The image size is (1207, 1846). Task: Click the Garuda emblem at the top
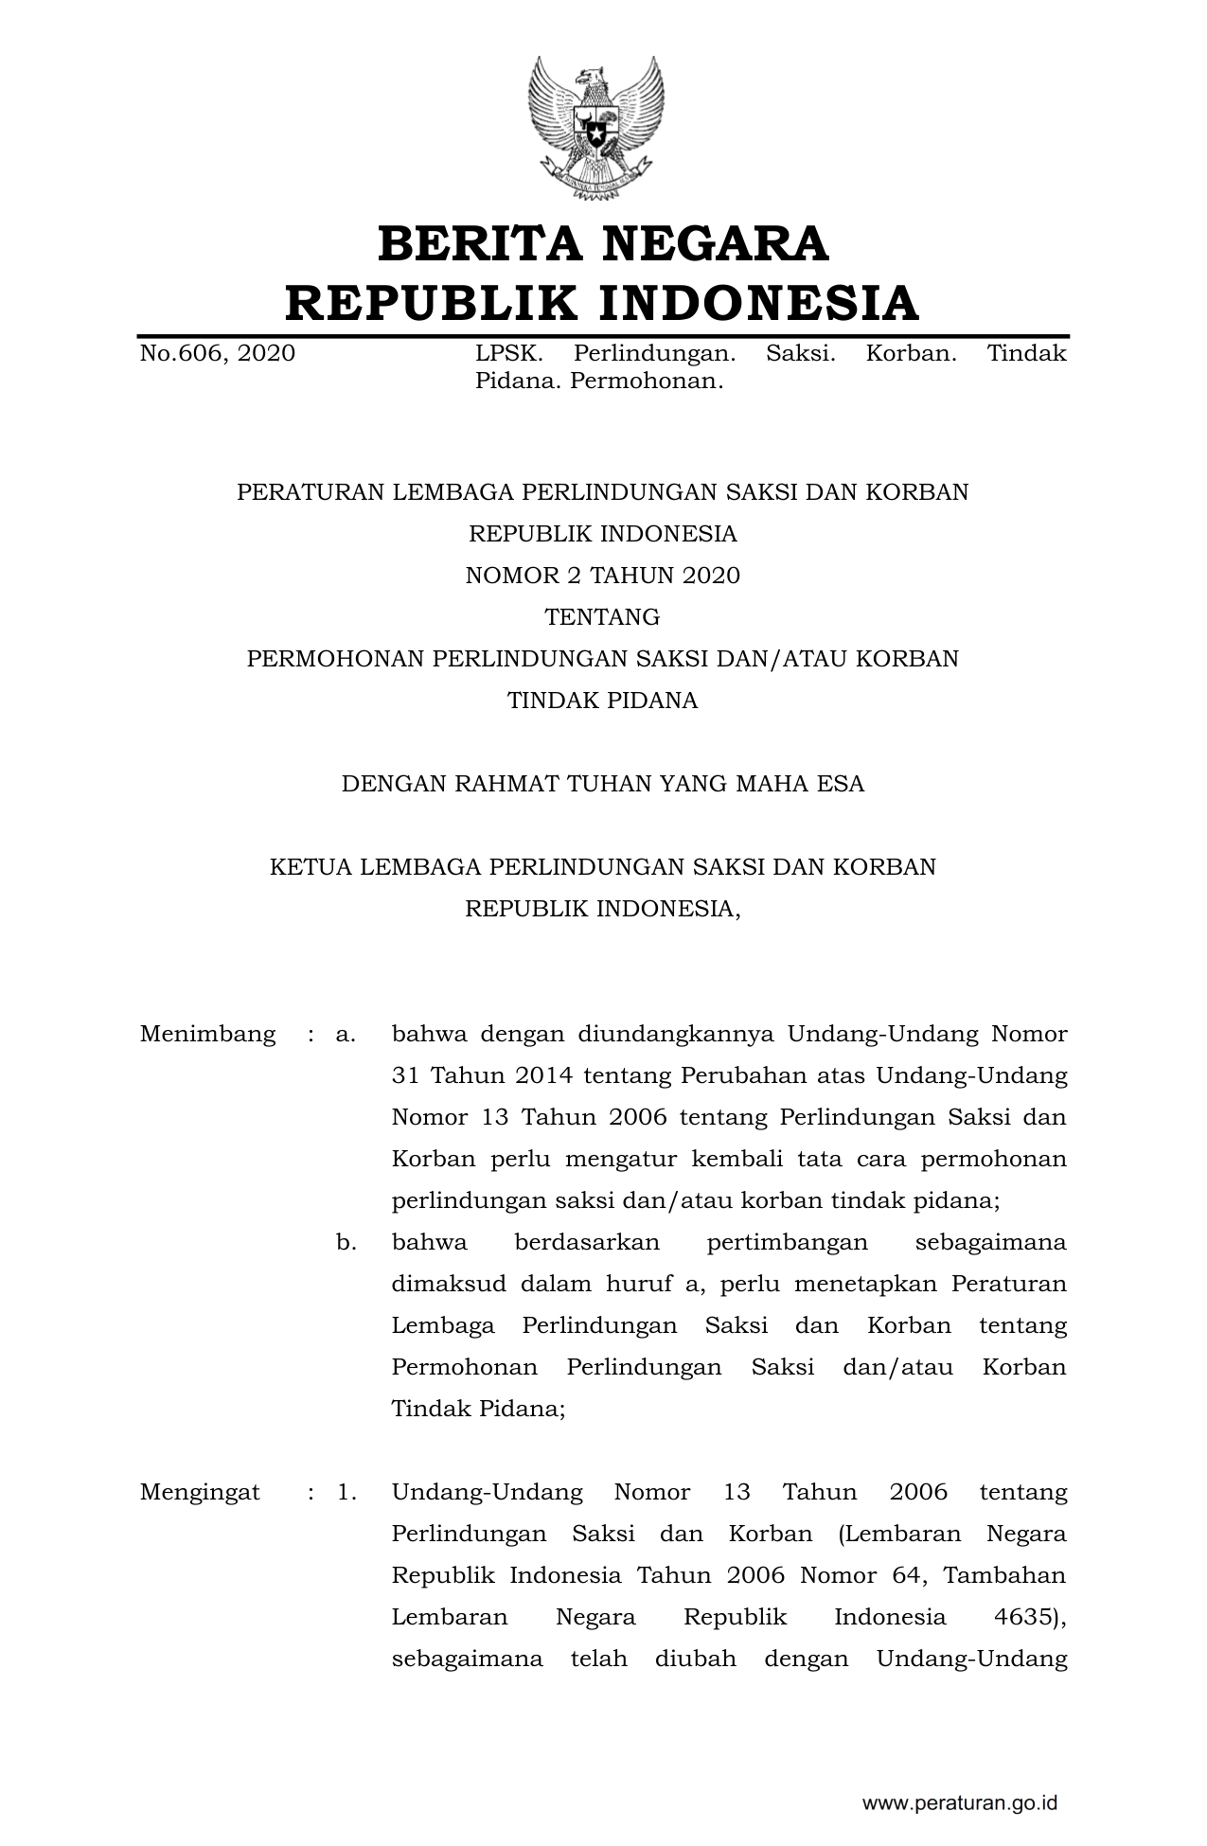tap(597, 129)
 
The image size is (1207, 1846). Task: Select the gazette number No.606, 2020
tap(217, 354)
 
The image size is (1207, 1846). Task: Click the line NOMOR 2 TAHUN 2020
tap(602, 576)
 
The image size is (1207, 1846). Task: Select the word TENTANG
tap(602, 617)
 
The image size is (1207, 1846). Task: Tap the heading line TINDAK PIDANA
tap(602, 701)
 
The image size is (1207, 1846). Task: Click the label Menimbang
tap(208, 1034)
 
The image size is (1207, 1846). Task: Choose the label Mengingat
tap(200, 1493)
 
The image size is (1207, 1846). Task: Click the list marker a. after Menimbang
tap(346, 1034)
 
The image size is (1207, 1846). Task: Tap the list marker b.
tap(346, 1242)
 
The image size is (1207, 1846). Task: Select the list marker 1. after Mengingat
tap(346, 1493)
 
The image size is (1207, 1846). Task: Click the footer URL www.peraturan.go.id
tap(959, 1802)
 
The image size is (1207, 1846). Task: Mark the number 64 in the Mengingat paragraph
tap(910, 1575)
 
